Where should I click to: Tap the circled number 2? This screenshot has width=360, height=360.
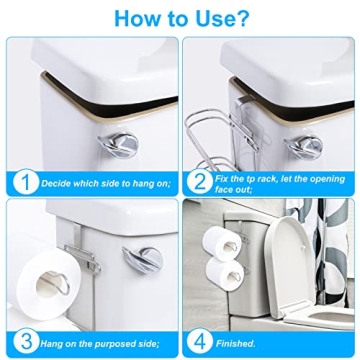coord(199,183)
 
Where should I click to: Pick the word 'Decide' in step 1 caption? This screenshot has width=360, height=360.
coord(57,184)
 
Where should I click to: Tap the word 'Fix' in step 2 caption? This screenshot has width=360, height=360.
coord(225,177)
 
